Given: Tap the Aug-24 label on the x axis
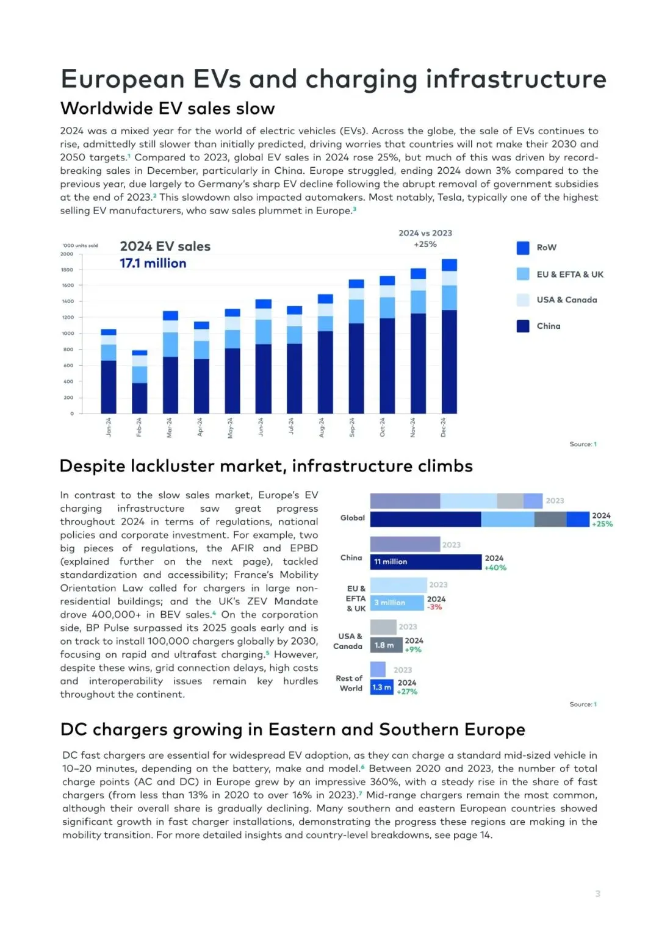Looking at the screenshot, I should [x=322, y=427].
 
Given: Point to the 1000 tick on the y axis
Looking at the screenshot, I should [x=67, y=334].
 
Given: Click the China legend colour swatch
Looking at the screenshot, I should [x=523, y=326].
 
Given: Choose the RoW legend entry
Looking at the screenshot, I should [x=546, y=248].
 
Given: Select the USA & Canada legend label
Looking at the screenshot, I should [x=567, y=300].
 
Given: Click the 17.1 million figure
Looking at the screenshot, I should [x=153, y=263].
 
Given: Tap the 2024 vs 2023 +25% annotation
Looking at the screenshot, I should [x=425, y=238].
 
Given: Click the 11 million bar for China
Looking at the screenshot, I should [x=425, y=562].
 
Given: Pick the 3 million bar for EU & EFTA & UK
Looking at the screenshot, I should [x=397, y=603].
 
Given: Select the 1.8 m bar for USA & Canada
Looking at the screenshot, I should [x=386, y=645].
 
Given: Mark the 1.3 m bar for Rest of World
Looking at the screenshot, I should [x=381, y=687].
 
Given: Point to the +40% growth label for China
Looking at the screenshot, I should [x=495, y=568].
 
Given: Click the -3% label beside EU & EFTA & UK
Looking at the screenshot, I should [x=434, y=608].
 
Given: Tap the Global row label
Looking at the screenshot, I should [x=353, y=518].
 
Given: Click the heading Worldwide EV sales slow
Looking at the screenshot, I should [x=168, y=109].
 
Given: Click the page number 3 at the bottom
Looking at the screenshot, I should [x=597, y=894].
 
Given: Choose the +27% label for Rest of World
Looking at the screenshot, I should [x=407, y=692].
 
